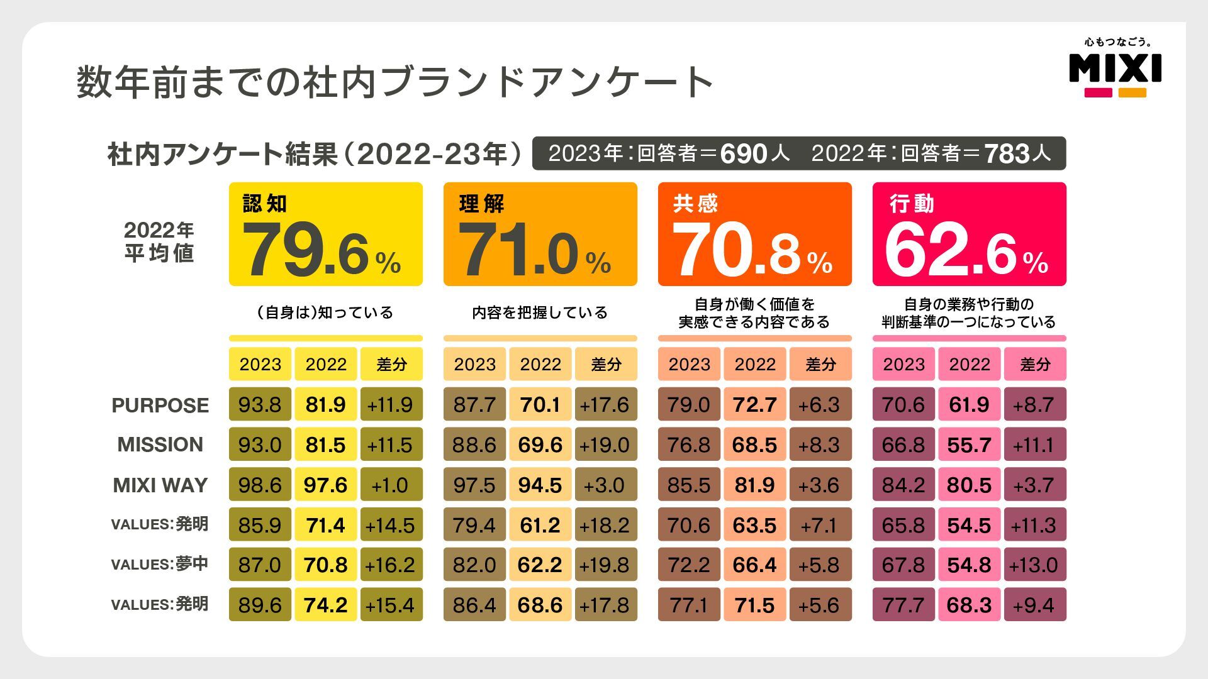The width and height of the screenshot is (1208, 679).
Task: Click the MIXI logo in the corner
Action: [x=1115, y=69]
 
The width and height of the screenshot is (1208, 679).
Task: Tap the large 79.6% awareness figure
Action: [x=321, y=251]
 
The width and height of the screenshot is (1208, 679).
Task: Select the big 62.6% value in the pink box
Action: [x=966, y=251]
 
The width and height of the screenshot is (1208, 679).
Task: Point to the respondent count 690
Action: [x=743, y=154]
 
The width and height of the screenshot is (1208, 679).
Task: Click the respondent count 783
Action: [x=1007, y=154]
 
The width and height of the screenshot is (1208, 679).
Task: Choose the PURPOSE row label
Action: [x=160, y=406]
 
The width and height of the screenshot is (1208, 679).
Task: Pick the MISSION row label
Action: [x=160, y=445]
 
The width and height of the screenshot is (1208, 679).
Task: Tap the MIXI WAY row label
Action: [x=160, y=485]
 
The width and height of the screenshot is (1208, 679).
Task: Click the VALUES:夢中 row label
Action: [x=160, y=565]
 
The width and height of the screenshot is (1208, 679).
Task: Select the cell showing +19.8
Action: [x=605, y=565]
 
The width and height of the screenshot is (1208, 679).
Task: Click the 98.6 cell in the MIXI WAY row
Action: [x=260, y=485]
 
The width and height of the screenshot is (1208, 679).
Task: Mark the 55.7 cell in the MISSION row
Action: [x=969, y=445]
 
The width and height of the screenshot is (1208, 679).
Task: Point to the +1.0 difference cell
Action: [x=391, y=485]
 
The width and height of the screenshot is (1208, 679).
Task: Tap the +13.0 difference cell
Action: [x=1034, y=565]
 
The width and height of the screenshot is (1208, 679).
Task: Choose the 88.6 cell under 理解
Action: [x=474, y=445]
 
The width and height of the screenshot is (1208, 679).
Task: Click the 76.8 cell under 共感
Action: [x=689, y=445]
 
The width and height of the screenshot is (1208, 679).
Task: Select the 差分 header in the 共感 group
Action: [x=820, y=364]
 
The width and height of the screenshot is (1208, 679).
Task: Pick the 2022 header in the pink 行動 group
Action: [x=969, y=364]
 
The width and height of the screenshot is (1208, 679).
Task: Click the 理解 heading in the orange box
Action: [x=481, y=204]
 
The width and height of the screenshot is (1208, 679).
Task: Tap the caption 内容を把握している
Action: [x=540, y=312]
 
